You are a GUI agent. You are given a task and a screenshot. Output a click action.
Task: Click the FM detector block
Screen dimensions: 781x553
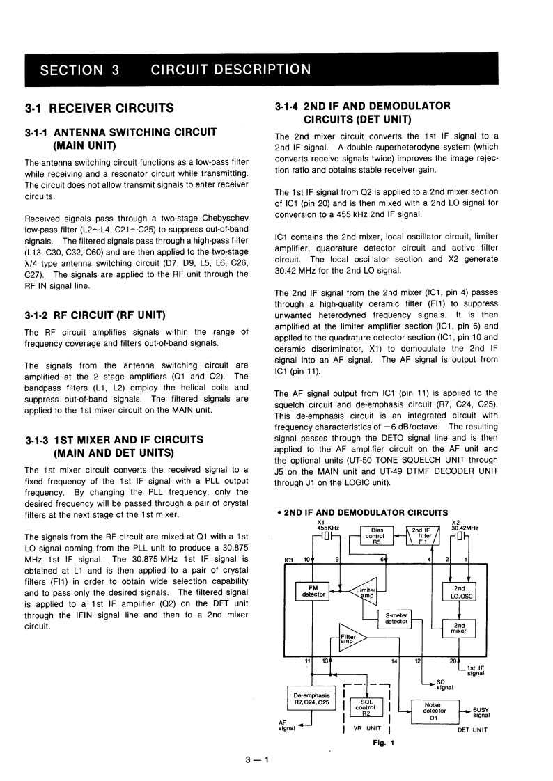tap(313, 591)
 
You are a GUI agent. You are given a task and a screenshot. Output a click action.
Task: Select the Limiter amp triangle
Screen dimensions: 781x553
tap(365, 591)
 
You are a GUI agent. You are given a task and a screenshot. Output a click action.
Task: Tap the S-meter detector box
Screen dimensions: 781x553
tap(396, 619)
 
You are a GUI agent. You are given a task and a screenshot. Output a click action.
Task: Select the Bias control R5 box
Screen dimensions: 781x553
tap(377, 537)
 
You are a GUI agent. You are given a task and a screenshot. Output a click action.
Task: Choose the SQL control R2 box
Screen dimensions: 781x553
tap(366, 708)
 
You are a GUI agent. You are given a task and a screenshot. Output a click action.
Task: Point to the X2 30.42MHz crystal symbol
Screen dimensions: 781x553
tap(460, 537)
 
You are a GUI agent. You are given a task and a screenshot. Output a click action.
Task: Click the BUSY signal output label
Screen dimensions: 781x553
tap(481, 713)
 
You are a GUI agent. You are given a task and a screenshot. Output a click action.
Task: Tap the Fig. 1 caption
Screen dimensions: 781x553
tap(384, 742)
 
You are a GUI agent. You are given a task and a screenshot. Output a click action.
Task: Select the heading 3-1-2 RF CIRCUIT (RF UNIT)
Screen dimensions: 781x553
tap(94, 315)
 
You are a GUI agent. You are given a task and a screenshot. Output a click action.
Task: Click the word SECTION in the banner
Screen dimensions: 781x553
tap(70, 70)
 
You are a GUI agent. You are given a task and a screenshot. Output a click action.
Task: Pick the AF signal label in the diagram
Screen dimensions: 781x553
tap(286, 726)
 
